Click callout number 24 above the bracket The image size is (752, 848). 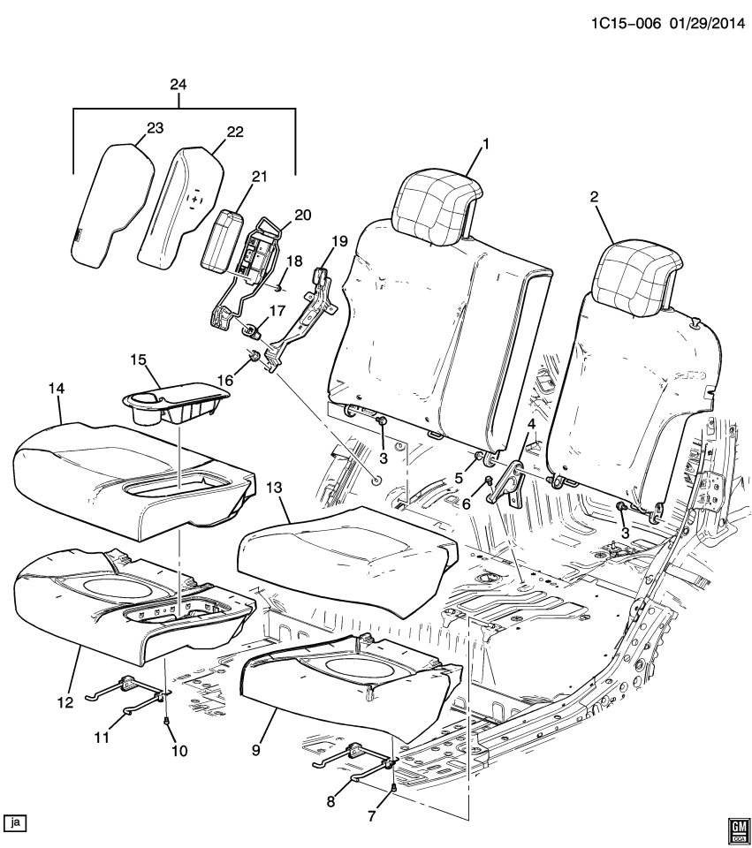tap(179, 86)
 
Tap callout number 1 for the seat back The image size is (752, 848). tap(484, 143)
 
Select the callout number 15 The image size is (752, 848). tap(137, 362)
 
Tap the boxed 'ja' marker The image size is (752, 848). tap(16, 822)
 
